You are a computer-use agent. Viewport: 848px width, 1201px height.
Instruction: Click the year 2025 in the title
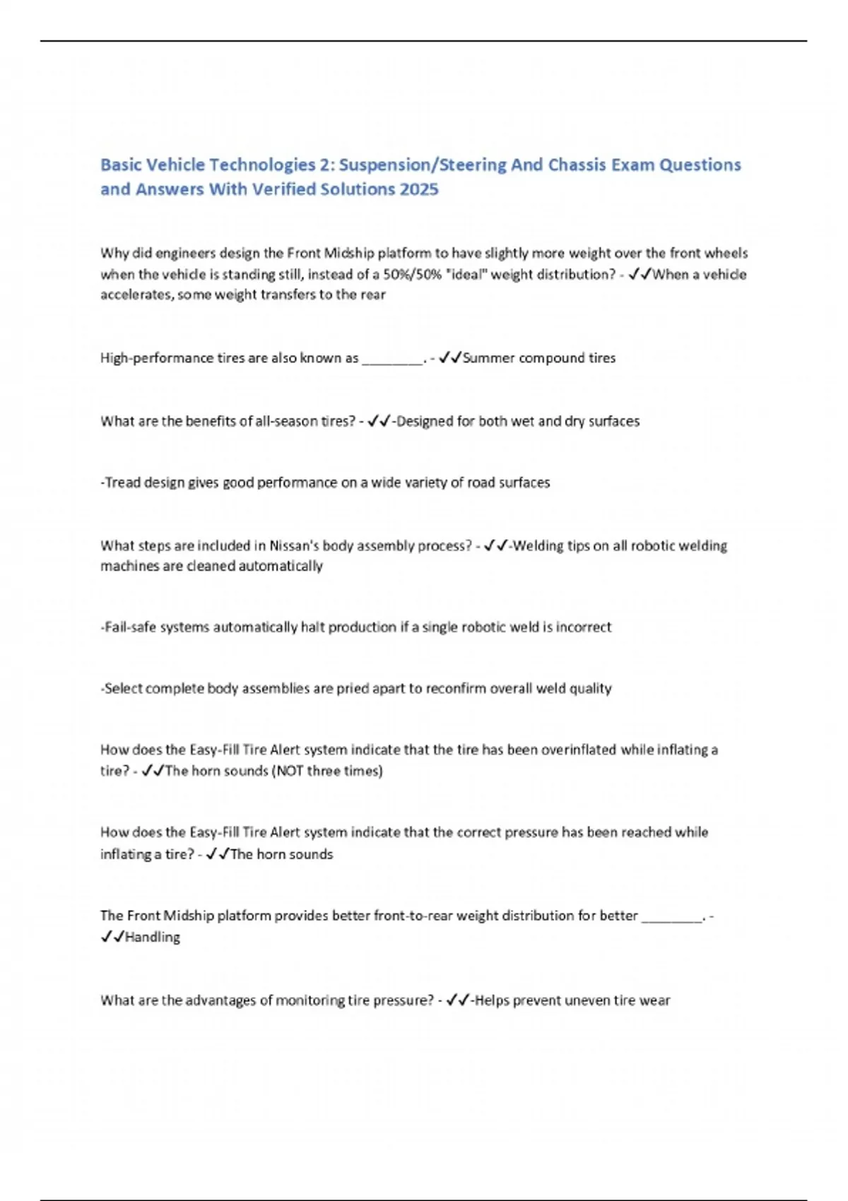tap(418, 189)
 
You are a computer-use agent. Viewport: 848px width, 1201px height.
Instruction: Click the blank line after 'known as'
tap(392, 359)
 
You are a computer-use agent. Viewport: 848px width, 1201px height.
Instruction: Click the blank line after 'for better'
tap(671, 916)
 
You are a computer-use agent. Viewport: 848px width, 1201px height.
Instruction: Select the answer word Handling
tap(153, 937)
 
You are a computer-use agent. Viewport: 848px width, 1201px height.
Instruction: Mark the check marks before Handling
tap(112, 937)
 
